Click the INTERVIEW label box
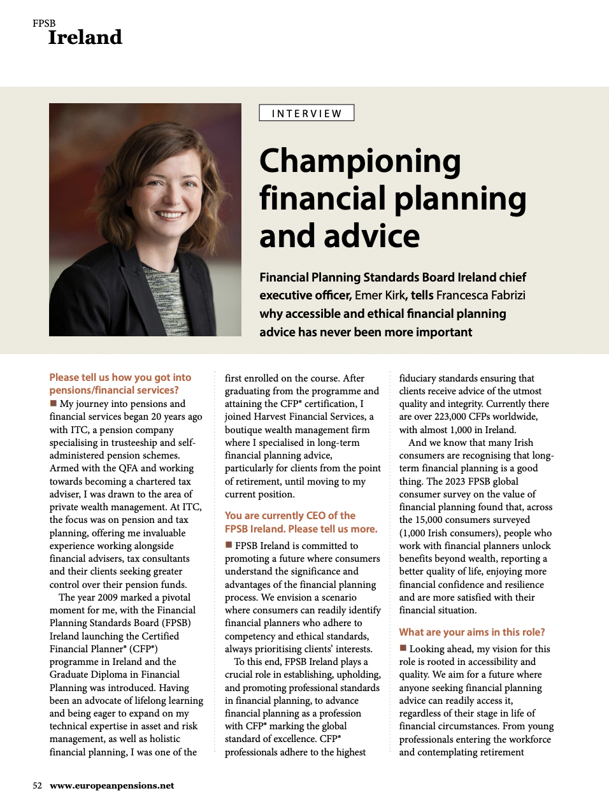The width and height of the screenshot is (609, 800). (x=306, y=113)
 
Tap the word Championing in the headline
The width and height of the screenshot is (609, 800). (x=360, y=161)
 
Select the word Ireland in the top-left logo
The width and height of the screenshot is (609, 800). (x=85, y=38)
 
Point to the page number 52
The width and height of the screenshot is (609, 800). (x=38, y=785)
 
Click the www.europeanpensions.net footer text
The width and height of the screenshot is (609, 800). (x=112, y=785)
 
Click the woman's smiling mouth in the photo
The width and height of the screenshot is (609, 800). (x=169, y=215)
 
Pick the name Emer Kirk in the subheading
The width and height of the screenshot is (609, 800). (x=380, y=296)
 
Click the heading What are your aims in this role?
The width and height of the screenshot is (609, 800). (x=472, y=632)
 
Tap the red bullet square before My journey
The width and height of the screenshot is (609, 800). (x=54, y=403)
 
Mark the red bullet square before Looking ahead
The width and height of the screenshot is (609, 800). (x=403, y=648)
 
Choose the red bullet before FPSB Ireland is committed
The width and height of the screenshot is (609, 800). (x=229, y=545)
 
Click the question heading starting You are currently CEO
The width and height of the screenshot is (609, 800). (x=301, y=522)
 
